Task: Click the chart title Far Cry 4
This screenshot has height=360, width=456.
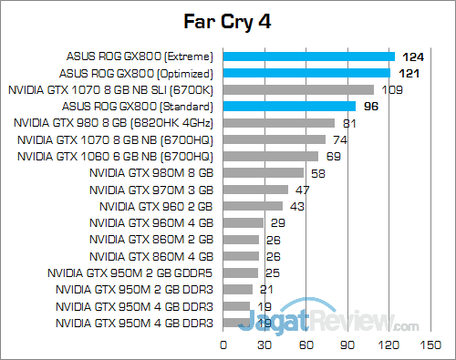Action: point(228,20)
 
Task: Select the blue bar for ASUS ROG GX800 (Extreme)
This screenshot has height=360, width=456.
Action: point(309,57)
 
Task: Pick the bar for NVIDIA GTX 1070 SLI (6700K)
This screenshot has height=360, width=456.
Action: point(298,89)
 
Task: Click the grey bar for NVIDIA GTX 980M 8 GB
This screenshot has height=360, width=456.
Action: point(264,172)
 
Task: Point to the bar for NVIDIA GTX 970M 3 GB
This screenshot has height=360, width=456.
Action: point(255,190)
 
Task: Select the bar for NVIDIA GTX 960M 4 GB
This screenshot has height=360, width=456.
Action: point(244,222)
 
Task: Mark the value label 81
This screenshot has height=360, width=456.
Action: point(349,123)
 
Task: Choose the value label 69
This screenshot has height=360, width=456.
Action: point(333,156)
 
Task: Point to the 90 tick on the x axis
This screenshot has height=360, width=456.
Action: point(347,345)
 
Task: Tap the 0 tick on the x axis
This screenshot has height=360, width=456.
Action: point(223,345)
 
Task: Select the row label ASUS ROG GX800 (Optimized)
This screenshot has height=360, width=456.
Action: point(136,73)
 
